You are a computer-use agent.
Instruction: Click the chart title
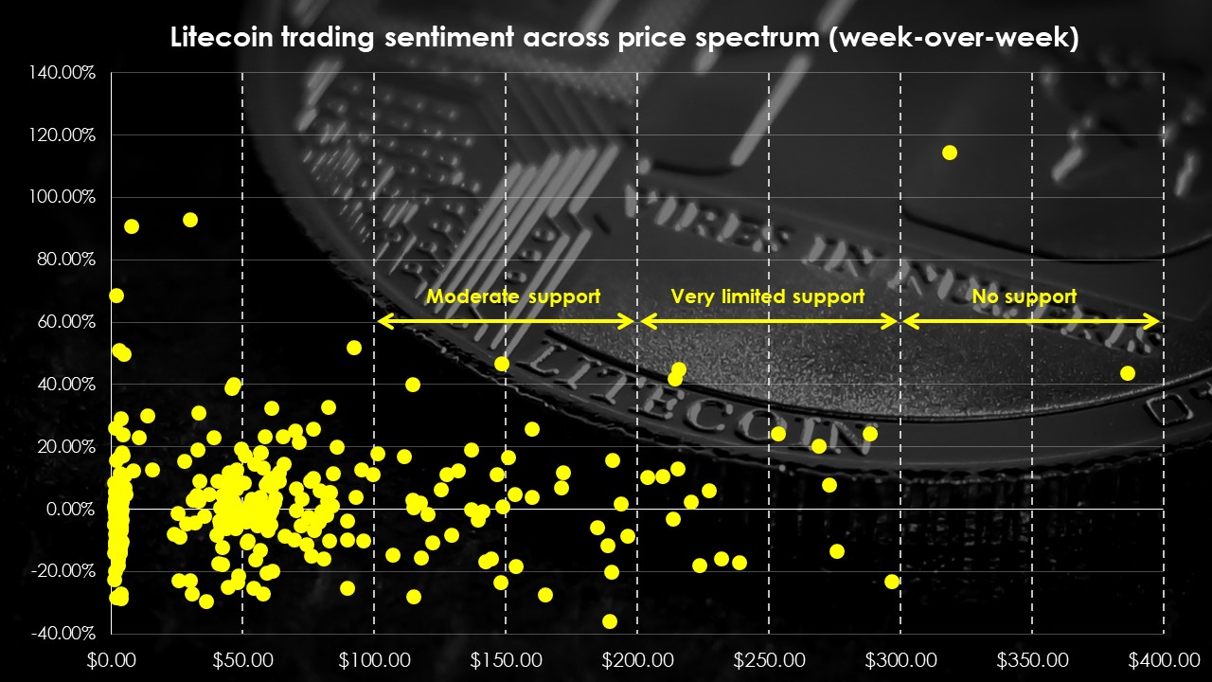coord(624,39)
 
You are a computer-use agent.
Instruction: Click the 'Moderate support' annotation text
coord(512,296)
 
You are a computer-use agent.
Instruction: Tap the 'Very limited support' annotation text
coord(767,296)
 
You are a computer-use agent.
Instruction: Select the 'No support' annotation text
coord(1024,296)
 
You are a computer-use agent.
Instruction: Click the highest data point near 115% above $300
coord(950,153)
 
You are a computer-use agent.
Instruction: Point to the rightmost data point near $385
coord(1127,373)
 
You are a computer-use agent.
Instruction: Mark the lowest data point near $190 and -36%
coord(610,621)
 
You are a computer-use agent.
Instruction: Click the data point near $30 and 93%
coord(189,220)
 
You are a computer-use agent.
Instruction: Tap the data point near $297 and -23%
coord(891,582)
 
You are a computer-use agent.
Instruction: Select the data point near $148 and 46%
coord(502,364)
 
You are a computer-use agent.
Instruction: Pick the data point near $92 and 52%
coord(354,348)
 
